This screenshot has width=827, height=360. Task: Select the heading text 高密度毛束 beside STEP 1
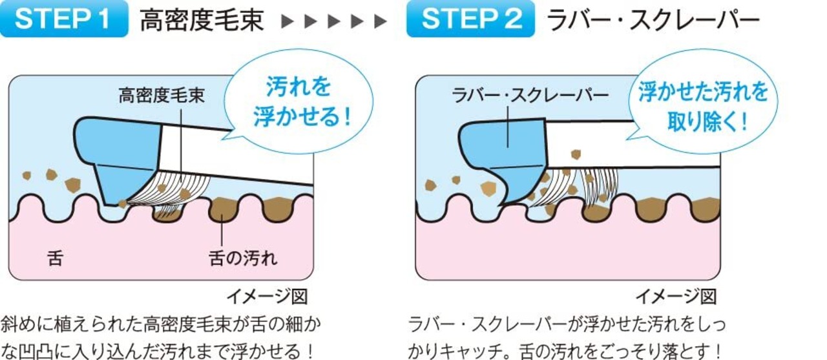point(202,20)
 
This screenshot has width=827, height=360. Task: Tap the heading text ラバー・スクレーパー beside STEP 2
point(653,20)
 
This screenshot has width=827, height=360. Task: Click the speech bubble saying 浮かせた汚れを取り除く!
point(703,103)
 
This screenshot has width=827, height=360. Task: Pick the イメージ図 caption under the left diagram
point(266,297)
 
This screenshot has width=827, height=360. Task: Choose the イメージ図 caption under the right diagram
point(676,297)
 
